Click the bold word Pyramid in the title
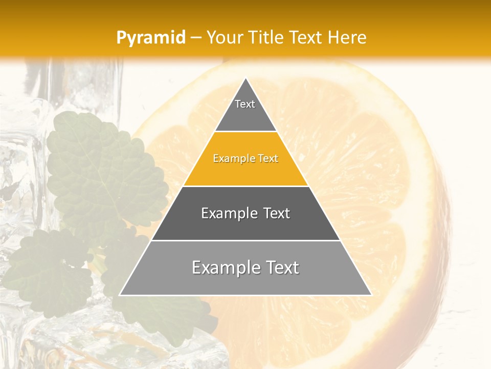[151, 37]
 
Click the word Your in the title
[223, 37]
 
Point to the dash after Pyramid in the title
[196, 38]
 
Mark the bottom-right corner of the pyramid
[371, 295]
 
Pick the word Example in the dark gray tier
[225, 213]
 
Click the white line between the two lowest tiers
[245, 240]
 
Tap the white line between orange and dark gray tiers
[245, 186]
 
